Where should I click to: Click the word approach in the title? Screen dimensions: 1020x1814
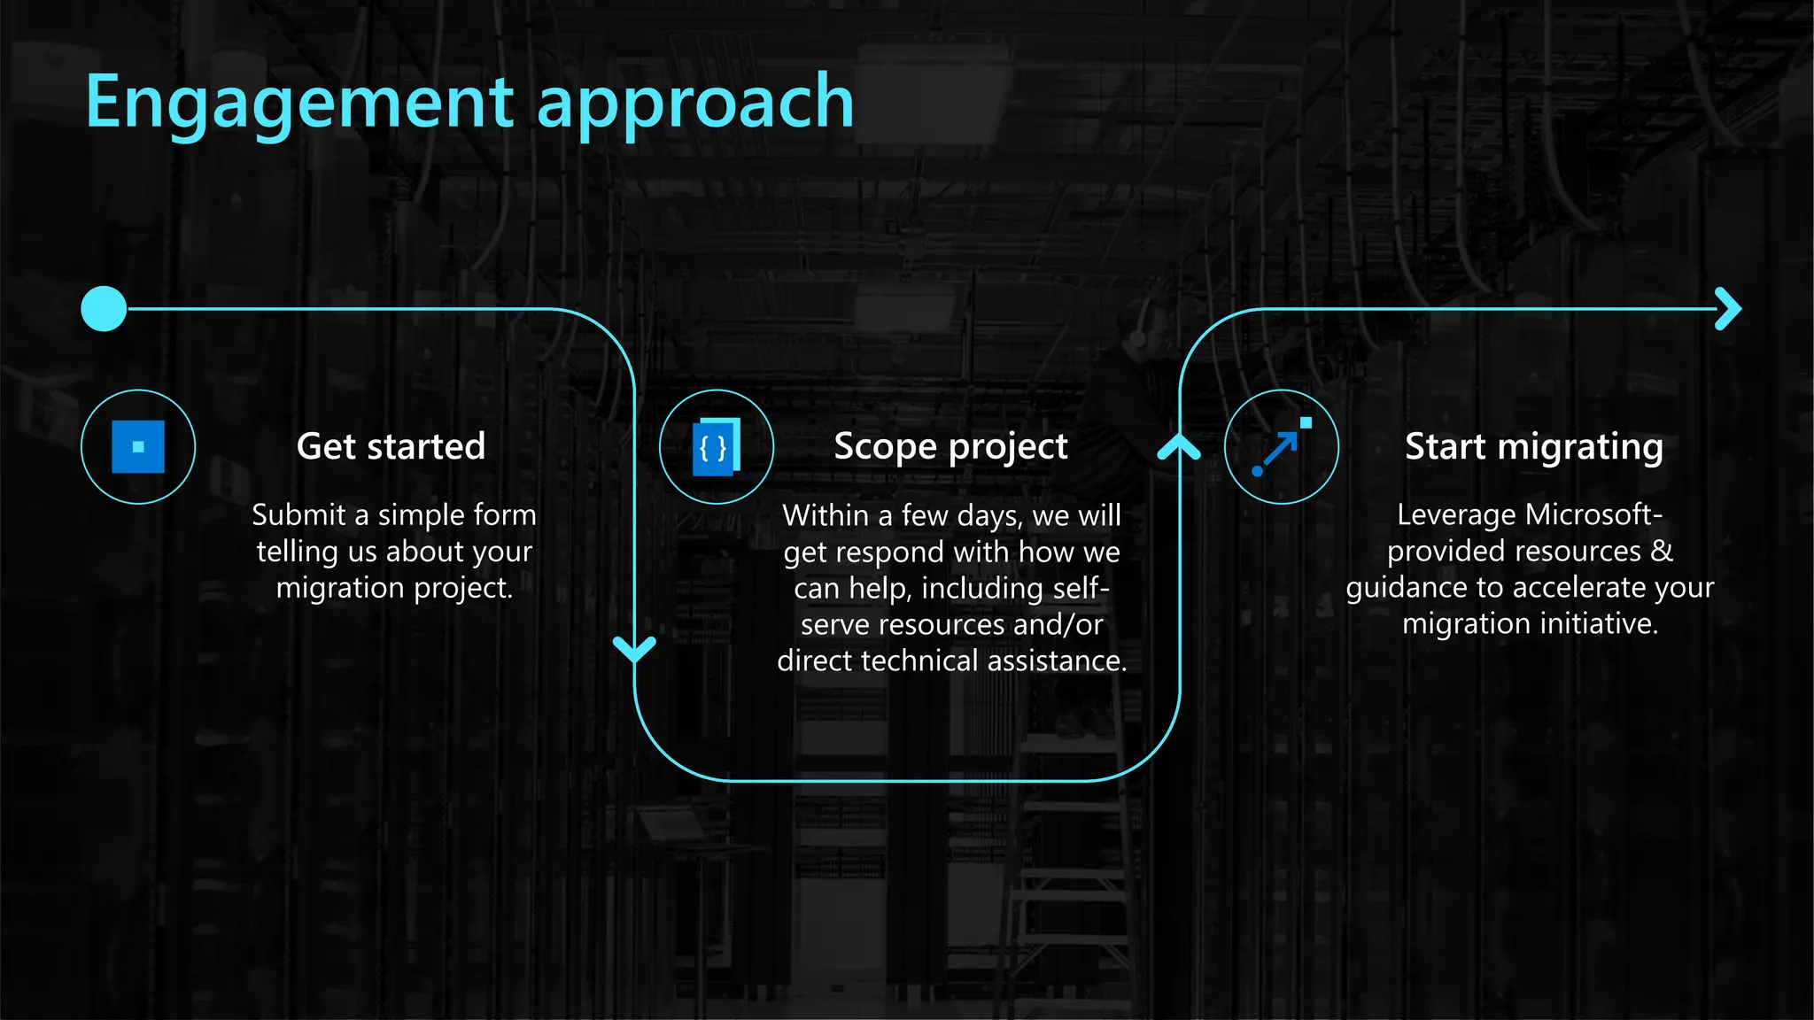(x=695, y=103)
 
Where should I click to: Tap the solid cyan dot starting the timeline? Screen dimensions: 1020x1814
(x=104, y=309)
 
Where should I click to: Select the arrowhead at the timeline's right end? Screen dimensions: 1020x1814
(x=1728, y=309)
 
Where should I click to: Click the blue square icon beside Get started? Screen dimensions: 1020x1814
(x=138, y=447)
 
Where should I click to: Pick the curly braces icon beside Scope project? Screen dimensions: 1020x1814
(x=716, y=447)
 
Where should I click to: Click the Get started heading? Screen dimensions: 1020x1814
(x=391, y=446)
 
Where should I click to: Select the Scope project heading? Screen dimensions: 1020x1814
(x=950, y=447)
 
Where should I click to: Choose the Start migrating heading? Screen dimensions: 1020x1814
(x=1533, y=447)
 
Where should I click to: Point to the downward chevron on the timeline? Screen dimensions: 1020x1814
(x=634, y=649)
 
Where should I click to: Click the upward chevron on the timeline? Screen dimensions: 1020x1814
(x=1179, y=447)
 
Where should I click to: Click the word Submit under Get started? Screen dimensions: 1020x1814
(x=298, y=515)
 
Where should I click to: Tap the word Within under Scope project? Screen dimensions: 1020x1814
(x=825, y=515)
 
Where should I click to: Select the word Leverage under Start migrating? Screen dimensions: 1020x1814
(x=1456, y=514)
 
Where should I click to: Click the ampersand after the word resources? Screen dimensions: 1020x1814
(x=1662, y=551)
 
